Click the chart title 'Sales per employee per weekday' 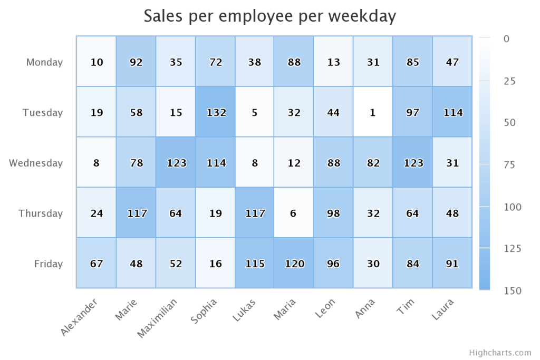click(x=269, y=16)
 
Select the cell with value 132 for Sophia click(x=215, y=112)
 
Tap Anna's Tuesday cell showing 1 click(x=373, y=112)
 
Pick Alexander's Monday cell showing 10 click(x=97, y=62)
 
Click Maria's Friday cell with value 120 click(x=294, y=264)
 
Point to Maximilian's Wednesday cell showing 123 click(x=176, y=163)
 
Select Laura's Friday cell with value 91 click(x=452, y=264)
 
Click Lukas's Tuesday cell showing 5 click(x=255, y=112)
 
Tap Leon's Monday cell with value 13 click(x=333, y=62)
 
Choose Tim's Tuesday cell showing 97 click(x=413, y=112)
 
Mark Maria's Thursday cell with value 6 click(x=294, y=213)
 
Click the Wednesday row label click(x=36, y=163)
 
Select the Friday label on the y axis click(x=49, y=264)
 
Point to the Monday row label click(x=44, y=62)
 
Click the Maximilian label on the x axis click(x=158, y=317)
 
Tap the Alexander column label click(x=79, y=317)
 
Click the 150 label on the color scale click(x=505, y=291)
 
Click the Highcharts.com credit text click(x=499, y=353)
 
